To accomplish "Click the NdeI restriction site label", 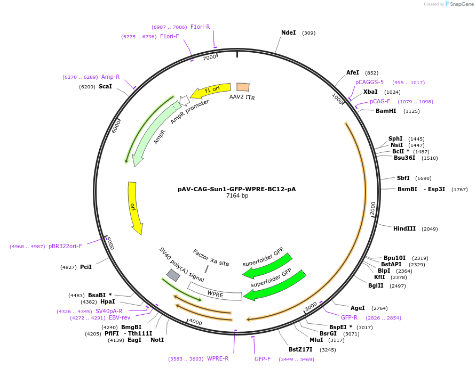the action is click(x=288, y=32).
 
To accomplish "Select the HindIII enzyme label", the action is click(x=404, y=228).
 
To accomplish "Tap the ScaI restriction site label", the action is click(x=105, y=86).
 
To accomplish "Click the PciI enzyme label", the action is click(x=86, y=267).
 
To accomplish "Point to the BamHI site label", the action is click(x=386, y=111).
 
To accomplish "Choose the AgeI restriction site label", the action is click(x=358, y=308).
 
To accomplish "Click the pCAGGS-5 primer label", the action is click(x=369, y=82).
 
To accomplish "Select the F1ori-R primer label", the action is click(x=200, y=27).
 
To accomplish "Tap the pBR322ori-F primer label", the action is click(x=65, y=246).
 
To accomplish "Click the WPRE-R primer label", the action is click(x=218, y=358).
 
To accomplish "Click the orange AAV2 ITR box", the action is click(x=243, y=87).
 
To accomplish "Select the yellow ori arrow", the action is click(x=135, y=208).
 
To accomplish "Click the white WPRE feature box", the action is click(x=215, y=291).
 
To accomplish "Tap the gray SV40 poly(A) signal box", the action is click(x=173, y=275).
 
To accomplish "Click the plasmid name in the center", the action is click(x=237, y=189).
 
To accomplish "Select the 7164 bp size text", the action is click(x=237, y=196).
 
